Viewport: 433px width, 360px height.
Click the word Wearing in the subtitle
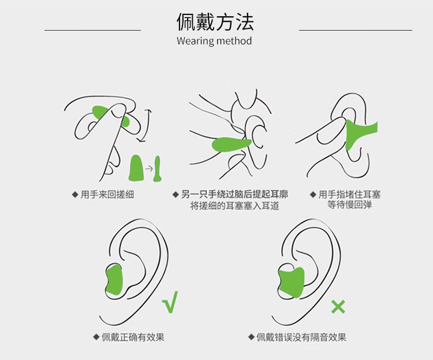pyautogui.click(x=195, y=41)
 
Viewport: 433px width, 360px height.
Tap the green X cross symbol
pyautogui.click(x=338, y=307)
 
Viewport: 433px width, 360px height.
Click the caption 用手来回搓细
pyautogui.click(x=107, y=194)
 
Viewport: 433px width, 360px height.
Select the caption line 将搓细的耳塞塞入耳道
pyautogui.click(x=234, y=206)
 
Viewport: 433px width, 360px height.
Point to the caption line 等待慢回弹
pyautogui.click(x=350, y=205)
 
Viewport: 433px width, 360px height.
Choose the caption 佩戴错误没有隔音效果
pyautogui.click(x=301, y=337)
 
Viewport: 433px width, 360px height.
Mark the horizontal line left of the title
pyautogui.click(x=92, y=29)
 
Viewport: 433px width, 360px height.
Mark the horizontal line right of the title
pyautogui.click(x=355, y=29)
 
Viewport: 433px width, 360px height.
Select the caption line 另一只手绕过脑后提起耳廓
pyautogui.click(x=234, y=194)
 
